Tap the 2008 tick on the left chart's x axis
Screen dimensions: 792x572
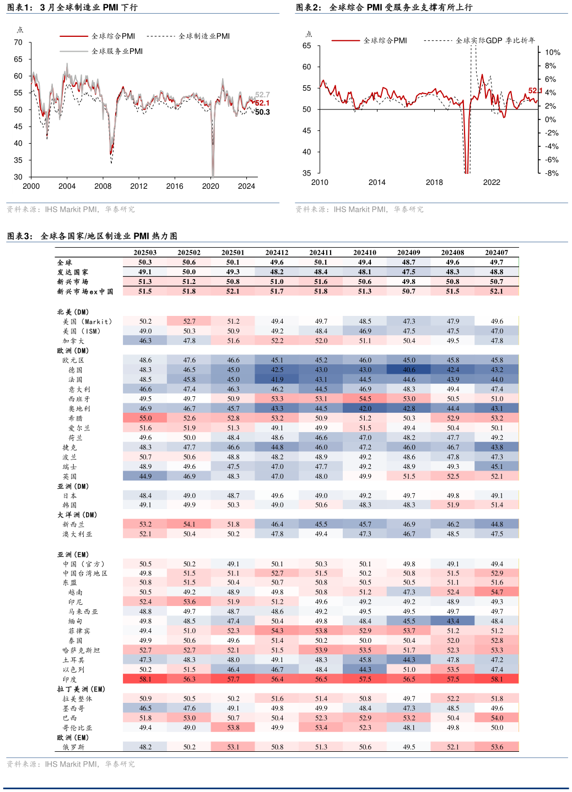[x=103, y=186]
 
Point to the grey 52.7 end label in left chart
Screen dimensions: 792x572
[x=262, y=95]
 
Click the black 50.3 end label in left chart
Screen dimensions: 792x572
[x=262, y=112]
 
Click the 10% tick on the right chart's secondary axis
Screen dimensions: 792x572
[x=552, y=52]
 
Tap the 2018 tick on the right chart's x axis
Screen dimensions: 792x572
[x=434, y=182]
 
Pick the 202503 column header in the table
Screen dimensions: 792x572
[x=145, y=253]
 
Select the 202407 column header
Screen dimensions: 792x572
[x=497, y=253]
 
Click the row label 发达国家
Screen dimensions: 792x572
[x=73, y=272]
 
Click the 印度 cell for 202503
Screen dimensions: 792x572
[x=145, y=679]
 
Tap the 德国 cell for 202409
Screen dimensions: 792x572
[x=409, y=370]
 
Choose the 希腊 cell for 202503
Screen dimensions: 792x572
[x=145, y=418]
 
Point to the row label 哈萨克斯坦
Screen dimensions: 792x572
[x=81, y=650]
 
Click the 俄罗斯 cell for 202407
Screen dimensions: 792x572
[x=497, y=747]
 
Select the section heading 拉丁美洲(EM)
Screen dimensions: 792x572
[x=81, y=689]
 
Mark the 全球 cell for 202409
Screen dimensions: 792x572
[x=409, y=263]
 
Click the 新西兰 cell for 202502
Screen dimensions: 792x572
[x=189, y=525]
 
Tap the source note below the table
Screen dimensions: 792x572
[x=71, y=764]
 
